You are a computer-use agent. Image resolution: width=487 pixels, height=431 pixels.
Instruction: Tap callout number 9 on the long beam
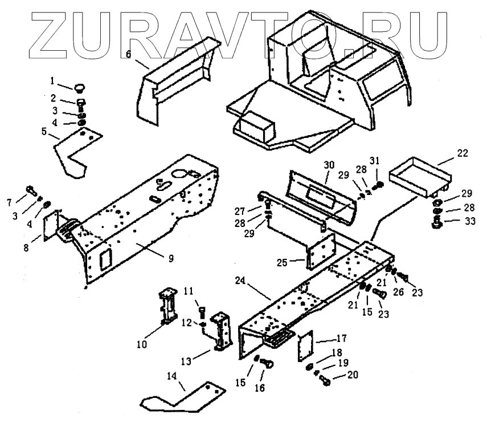170,258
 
